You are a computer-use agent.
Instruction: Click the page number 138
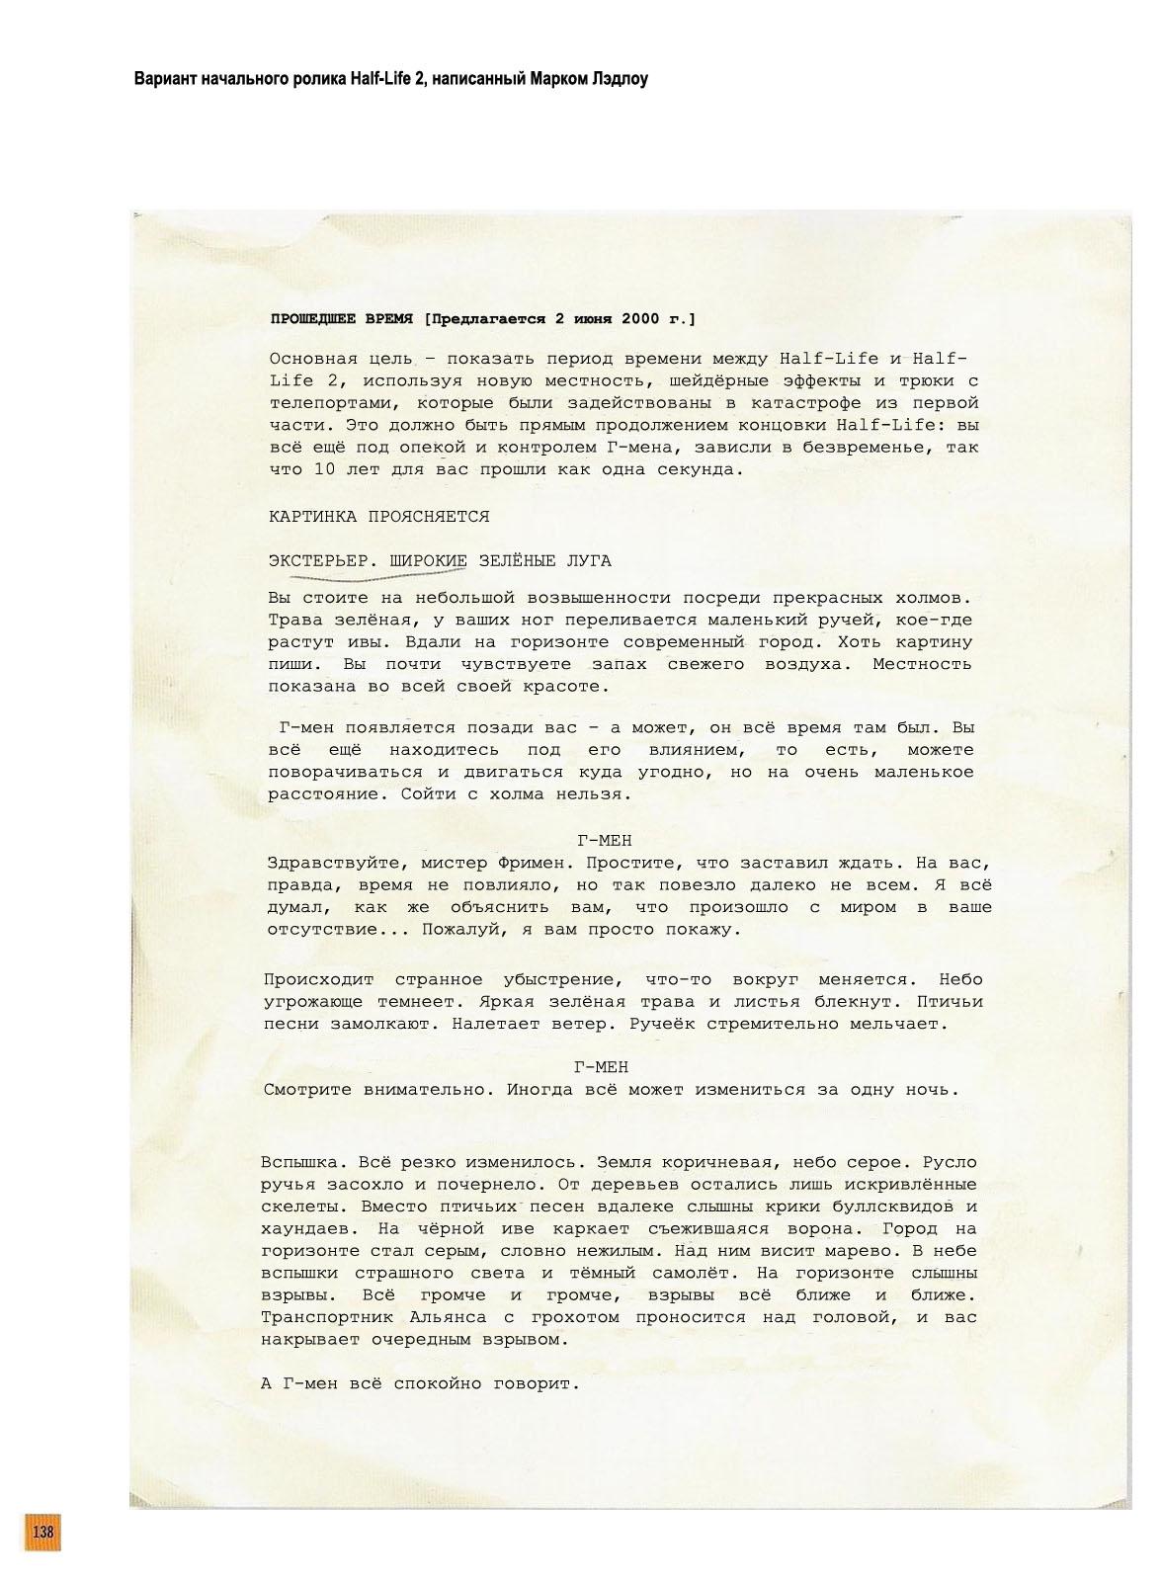(42, 1532)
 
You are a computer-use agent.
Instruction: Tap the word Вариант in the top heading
(163, 78)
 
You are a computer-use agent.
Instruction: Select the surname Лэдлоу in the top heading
(617, 78)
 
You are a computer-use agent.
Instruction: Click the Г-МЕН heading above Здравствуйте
(604, 841)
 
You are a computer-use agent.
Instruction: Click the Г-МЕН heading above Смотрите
(601, 1068)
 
